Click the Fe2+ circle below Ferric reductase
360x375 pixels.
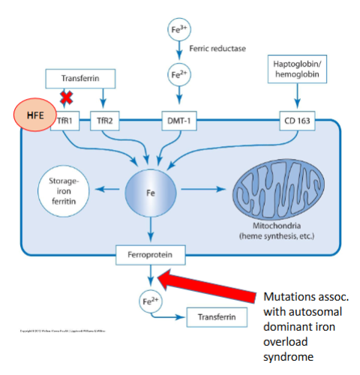pos(178,77)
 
